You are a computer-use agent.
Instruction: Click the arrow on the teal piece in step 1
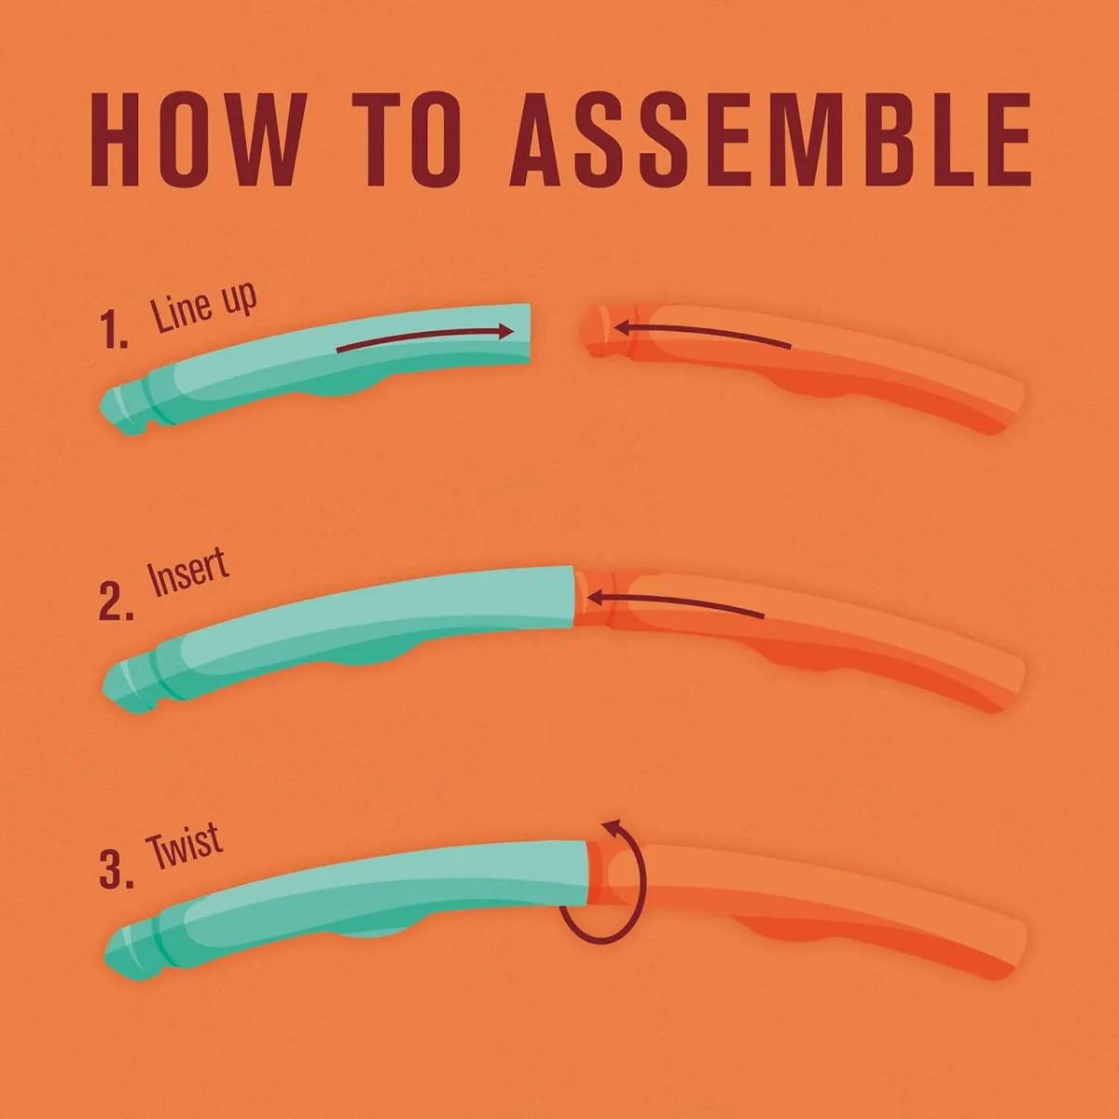pos(425,338)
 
